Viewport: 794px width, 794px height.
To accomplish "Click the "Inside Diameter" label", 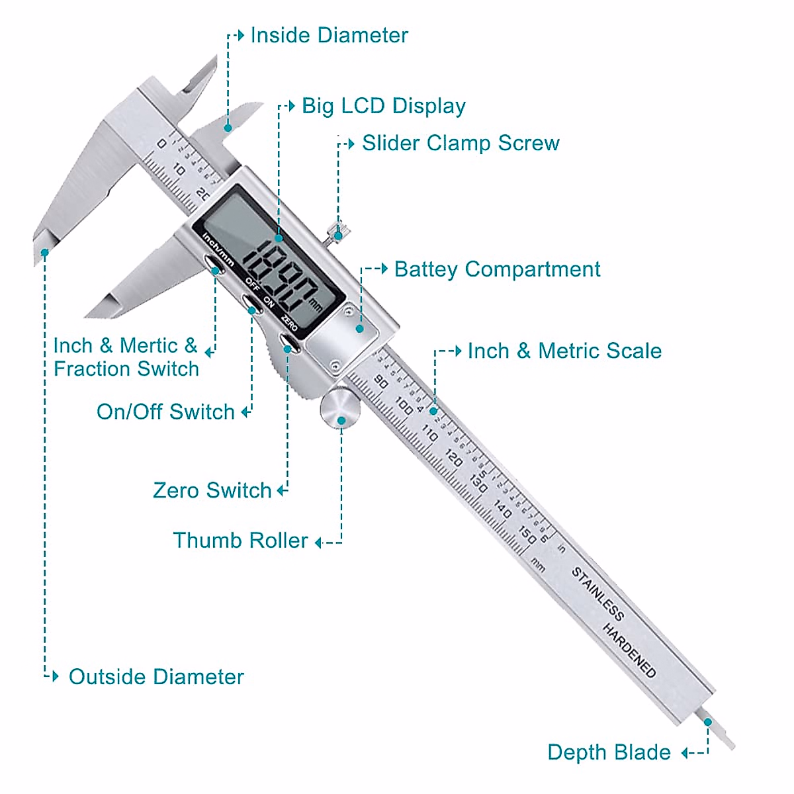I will pyautogui.click(x=329, y=36).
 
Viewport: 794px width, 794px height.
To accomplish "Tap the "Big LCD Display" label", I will pyautogui.click(x=384, y=107).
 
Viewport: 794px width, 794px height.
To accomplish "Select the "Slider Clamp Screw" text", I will pyautogui.click(x=461, y=144).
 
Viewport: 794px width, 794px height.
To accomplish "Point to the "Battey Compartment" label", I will pyautogui.click(x=497, y=270).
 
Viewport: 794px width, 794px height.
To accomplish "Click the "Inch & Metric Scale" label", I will pyautogui.click(x=564, y=351).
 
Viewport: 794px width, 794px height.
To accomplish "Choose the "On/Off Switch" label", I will pyautogui.click(x=165, y=412).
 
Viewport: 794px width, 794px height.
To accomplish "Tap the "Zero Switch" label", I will pyautogui.click(x=212, y=491).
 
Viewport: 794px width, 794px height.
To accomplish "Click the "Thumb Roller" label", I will pyautogui.click(x=240, y=541).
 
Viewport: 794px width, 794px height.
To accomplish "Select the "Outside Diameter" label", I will pyautogui.click(x=156, y=678).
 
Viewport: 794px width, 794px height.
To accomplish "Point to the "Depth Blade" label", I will pyautogui.click(x=609, y=753).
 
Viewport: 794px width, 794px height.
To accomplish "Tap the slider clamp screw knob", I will pyautogui.click(x=338, y=232).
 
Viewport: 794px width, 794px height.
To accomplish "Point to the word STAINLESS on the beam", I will pyautogui.click(x=597, y=594).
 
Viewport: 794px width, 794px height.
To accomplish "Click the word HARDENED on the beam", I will pyautogui.click(x=629, y=652).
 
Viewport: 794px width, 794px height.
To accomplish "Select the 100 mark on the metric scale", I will pyautogui.click(x=403, y=405).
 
